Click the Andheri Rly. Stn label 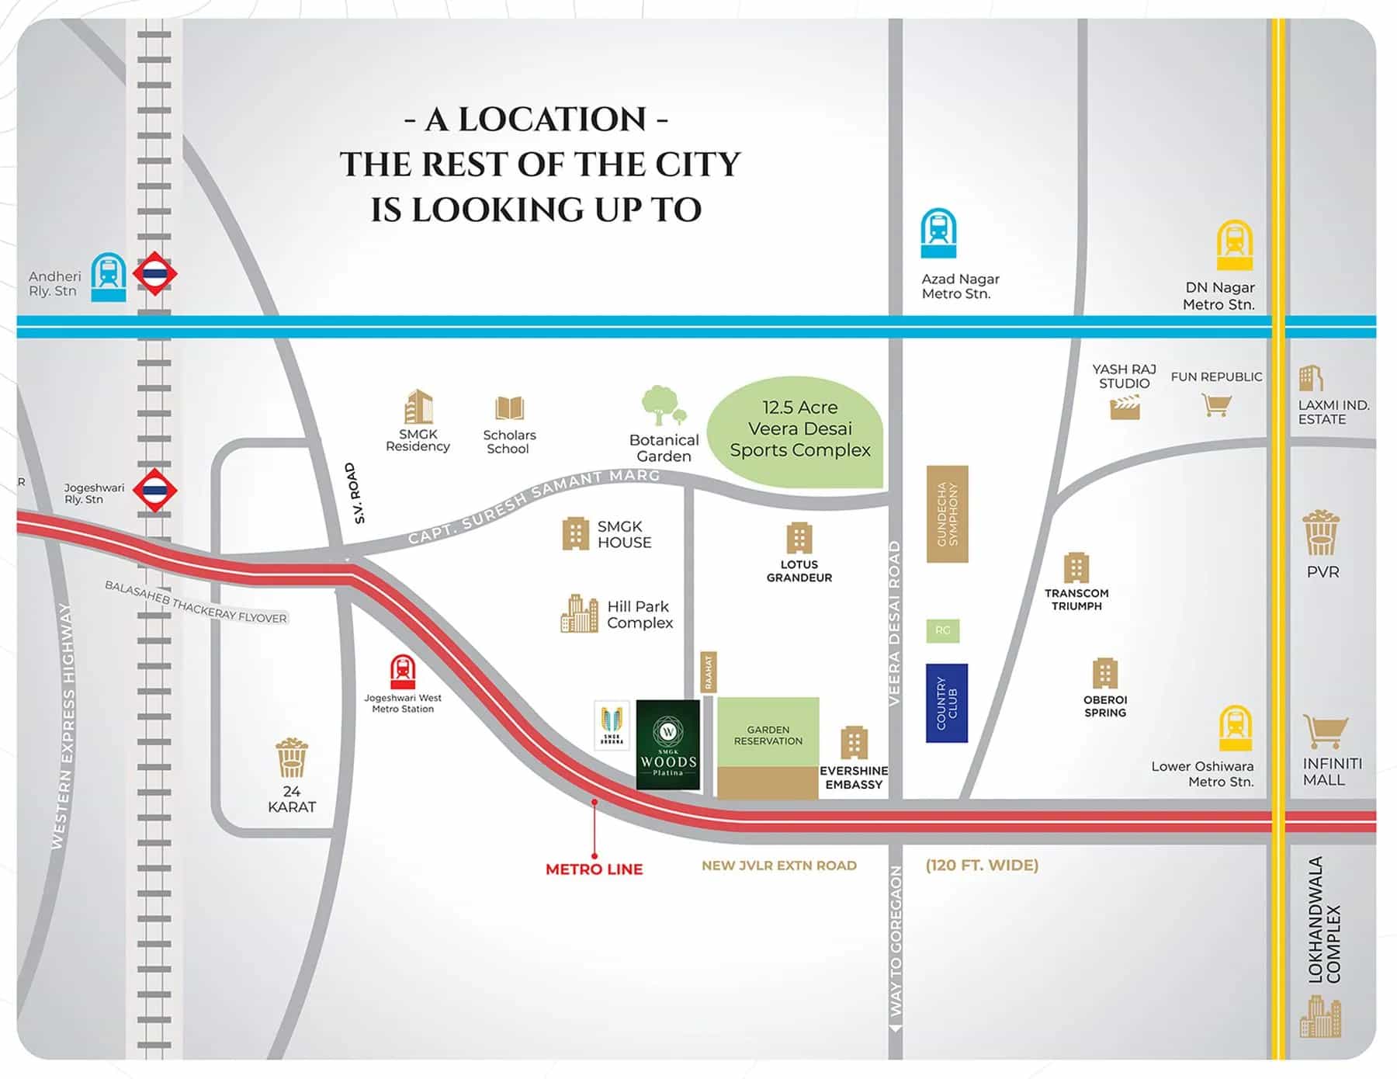[x=54, y=283]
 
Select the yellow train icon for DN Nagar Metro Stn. [x=1235, y=245]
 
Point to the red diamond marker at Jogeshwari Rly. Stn [x=154, y=490]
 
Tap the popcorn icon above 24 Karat [x=292, y=758]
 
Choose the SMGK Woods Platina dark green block [x=667, y=744]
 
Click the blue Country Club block [x=946, y=703]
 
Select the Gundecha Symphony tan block [x=947, y=514]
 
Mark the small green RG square [x=942, y=630]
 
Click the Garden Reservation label [x=768, y=735]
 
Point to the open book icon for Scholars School [x=509, y=408]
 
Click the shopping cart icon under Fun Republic [x=1216, y=404]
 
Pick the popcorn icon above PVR [x=1321, y=533]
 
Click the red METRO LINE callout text [x=594, y=869]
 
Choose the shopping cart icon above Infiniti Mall [x=1324, y=732]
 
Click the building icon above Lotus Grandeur [x=799, y=538]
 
